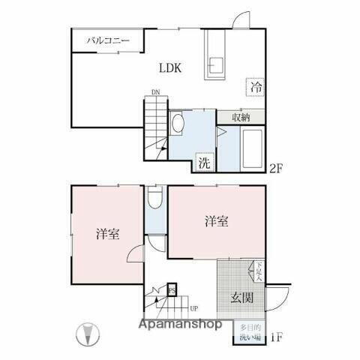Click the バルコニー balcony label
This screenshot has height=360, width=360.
[x=108, y=40]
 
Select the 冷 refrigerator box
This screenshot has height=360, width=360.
[x=256, y=87]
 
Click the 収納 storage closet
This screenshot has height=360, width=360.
[x=240, y=117]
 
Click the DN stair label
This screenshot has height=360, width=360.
[x=154, y=93]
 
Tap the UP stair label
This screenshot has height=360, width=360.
[x=193, y=307]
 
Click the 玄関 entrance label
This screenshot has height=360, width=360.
[x=241, y=297]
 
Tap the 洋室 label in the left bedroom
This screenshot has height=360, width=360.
[x=108, y=233]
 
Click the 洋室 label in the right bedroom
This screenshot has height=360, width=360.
[x=216, y=221]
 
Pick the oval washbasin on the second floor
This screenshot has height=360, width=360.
[x=178, y=122]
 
